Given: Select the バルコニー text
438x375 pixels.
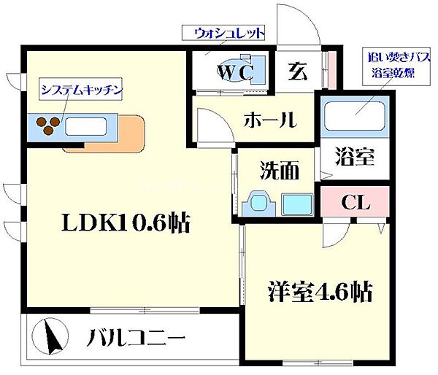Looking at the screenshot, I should click(137, 339).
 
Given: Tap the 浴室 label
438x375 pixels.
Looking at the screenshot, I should click(355, 156).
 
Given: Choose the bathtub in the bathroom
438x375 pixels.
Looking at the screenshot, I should click(356, 117).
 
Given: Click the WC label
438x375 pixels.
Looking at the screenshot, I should click(234, 71).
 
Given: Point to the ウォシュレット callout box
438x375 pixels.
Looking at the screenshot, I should click(223, 34).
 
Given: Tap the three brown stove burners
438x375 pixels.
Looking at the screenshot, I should click(48, 126).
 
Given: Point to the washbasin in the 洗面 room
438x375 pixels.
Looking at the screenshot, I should click(259, 201).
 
